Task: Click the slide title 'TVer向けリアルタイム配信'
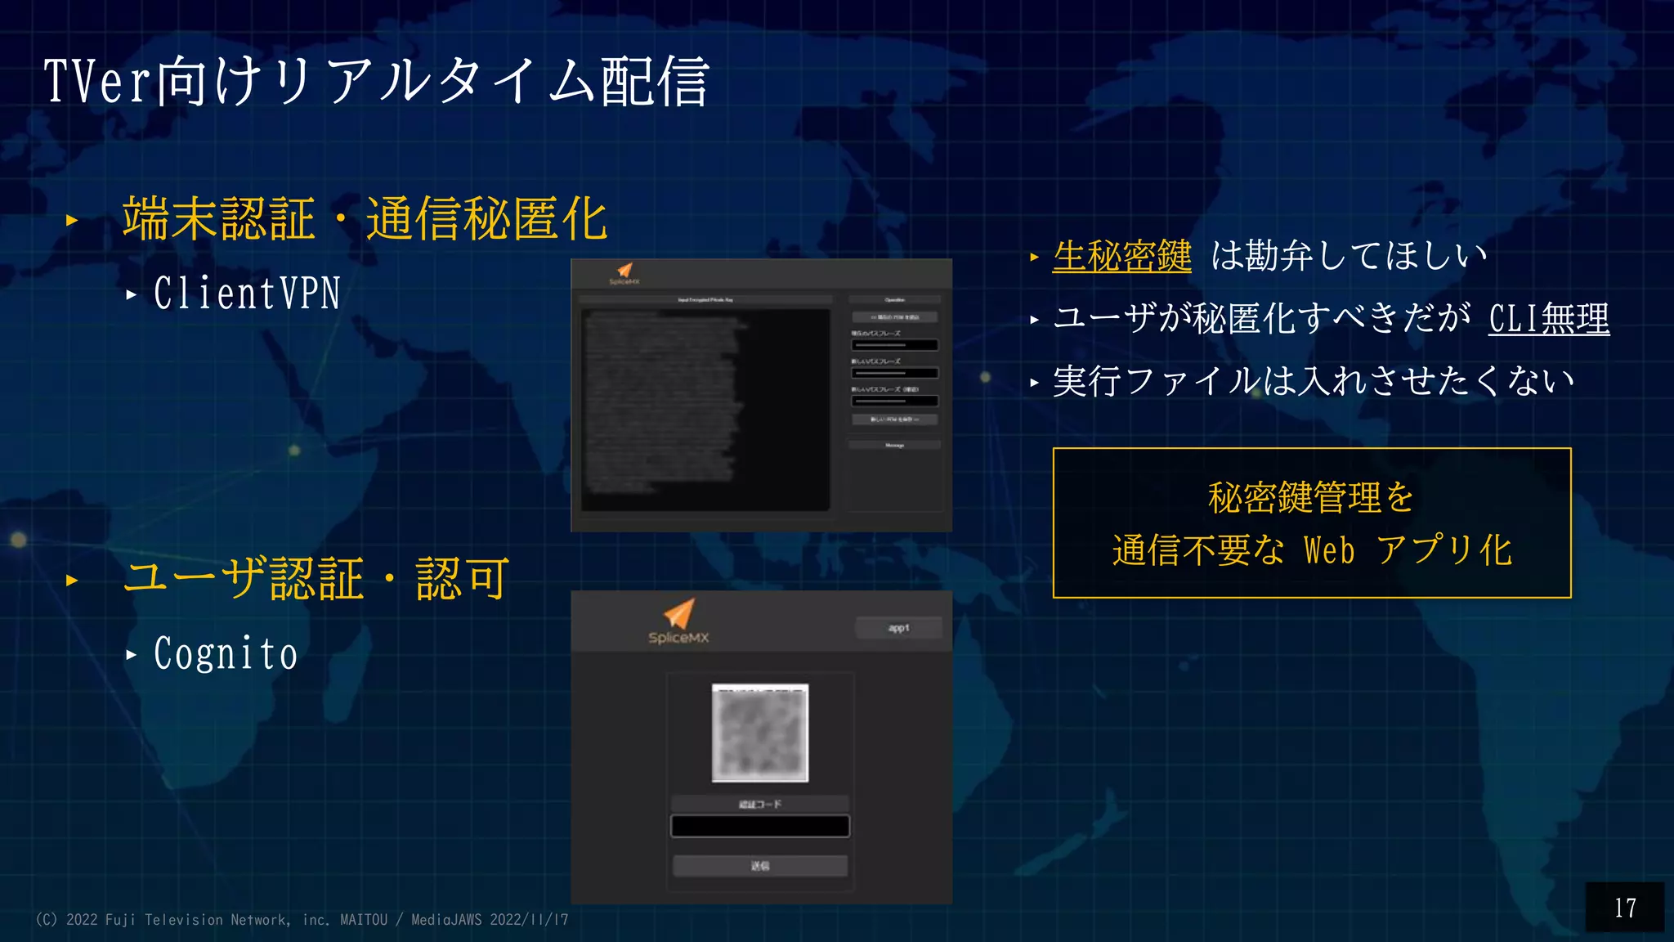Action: (x=376, y=82)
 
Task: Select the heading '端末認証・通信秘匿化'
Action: (x=365, y=219)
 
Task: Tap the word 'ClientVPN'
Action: (x=247, y=294)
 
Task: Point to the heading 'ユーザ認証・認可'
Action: (x=316, y=579)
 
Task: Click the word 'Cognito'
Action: (x=226, y=654)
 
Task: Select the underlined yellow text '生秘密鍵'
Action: (x=1121, y=256)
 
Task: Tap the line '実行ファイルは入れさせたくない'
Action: (x=1313, y=381)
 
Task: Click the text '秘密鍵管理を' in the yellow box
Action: (x=1311, y=497)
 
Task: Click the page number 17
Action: (x=1625, y=908)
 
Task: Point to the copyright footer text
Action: (x=302, y=920)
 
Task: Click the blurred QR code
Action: (x=760, y=733)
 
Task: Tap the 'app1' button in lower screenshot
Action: (x=898, y=628)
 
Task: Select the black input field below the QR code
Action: (x=760, y=827)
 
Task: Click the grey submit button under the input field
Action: (x=760, y=866)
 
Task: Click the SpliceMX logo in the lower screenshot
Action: (x=678, y=621)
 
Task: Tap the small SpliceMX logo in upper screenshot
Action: (x=624, y=273)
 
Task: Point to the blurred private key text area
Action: (x=705, y=409)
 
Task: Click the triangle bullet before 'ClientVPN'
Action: (x=132, y=294)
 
